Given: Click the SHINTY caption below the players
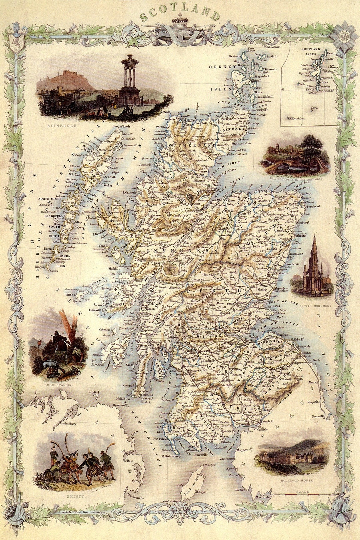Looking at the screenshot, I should pyautogui.click(x=76, y=496).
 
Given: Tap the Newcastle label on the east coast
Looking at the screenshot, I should pyautogui.click(x=318, y=416).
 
